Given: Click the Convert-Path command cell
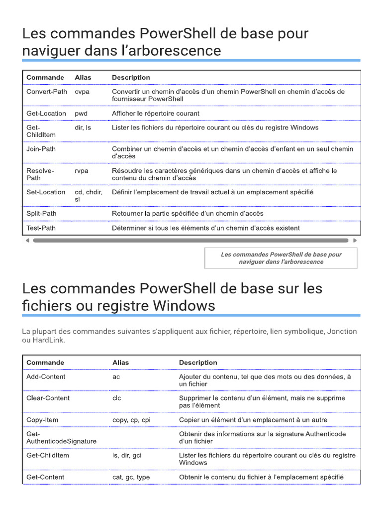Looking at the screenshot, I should tap(47, 92).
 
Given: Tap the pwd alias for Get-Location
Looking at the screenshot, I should tap(81, 114).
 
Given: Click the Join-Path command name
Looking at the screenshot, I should tap(41, 149).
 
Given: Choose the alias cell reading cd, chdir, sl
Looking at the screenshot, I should tap(89, 196).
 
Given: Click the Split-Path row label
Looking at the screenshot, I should tap(41, 213).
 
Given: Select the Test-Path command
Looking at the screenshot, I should tap(41, 228).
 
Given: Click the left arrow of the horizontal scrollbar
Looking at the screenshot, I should tap(27, 240).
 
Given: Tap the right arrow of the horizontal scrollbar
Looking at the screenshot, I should tap(355, 240).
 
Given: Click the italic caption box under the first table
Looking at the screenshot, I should tap(281, 258).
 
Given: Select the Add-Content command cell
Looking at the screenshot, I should tap(46, 377).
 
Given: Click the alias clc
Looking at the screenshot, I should tap(117, 398).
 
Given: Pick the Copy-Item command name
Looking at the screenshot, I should tap(42, 420).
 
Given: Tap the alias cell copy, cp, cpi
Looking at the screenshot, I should tap(131, 420).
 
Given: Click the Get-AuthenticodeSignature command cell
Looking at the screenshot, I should tap(61, 438).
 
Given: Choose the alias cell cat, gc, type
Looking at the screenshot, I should tap(131, 477).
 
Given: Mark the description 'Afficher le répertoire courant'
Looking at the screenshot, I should tap(156, 114).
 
